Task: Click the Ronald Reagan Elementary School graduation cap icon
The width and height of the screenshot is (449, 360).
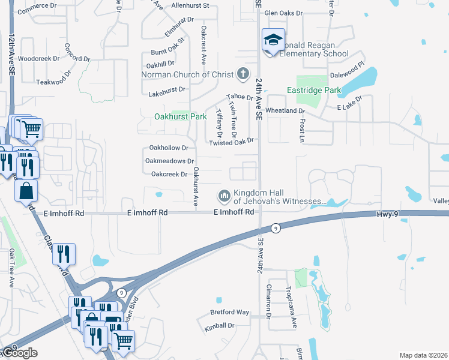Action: pos(273,41)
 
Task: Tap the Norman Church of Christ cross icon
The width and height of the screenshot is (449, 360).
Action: pos(243,74)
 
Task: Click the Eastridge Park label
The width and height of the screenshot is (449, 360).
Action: pos(314,90)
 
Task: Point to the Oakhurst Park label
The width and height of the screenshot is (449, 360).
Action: pos(181,116)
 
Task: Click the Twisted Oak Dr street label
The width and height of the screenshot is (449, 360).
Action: pos(232,142)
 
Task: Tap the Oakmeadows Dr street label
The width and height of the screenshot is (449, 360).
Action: pos(170,161)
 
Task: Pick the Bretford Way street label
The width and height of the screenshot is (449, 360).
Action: pos(229,312)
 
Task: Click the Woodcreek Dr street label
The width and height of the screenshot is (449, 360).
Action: pos(39,59)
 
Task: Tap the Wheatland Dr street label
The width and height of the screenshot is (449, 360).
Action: pos(286,111)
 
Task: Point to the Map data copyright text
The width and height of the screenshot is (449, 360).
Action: pos(423,355)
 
